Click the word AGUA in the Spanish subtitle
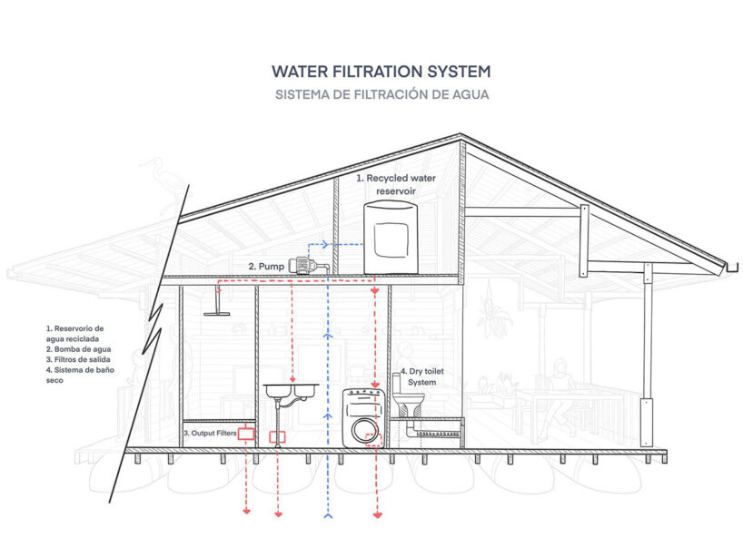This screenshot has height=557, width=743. [x=468, y=94]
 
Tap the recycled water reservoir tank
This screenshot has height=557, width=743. [x=391, y=238]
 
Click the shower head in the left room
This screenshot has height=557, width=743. [x=217, y=314]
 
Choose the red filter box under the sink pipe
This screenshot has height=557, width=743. [x=278, y=436]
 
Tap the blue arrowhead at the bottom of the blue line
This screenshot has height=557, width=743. [x=328, y=514]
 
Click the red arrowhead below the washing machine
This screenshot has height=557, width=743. [x=377, y=515]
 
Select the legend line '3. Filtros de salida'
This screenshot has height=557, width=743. [x=79, y=359]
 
